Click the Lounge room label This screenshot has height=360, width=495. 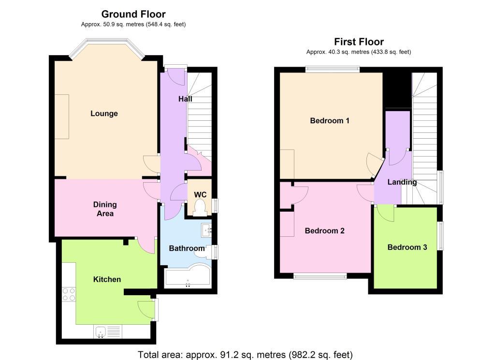[104, 114]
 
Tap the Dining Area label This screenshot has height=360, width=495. [105, 209]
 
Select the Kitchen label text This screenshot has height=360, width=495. [107, 279]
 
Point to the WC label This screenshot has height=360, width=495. [200, 195]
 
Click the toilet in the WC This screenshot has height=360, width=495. [200, 208]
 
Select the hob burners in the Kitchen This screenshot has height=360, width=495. [69, 294]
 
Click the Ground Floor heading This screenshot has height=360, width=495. [133, 14]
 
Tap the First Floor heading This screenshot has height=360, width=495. [359, 42]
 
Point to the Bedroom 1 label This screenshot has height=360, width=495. [330, 120]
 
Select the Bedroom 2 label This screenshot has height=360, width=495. [324, 230]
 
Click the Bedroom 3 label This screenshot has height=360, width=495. [407, 247]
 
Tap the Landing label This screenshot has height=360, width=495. [402, 182]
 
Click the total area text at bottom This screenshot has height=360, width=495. [245, 355]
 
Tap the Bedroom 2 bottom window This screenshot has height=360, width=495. [320, 276]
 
